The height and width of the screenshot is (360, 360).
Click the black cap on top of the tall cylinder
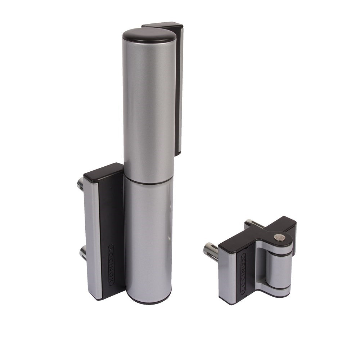149,35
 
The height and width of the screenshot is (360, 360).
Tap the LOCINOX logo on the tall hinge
111,265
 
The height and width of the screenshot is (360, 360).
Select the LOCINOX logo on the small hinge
244,274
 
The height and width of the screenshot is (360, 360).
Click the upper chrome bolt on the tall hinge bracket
81,184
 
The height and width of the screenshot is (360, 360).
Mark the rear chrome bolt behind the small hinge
251,223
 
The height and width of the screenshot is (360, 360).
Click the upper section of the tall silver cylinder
148,108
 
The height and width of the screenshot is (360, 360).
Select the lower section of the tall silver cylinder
148,238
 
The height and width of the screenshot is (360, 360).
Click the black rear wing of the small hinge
290,225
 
